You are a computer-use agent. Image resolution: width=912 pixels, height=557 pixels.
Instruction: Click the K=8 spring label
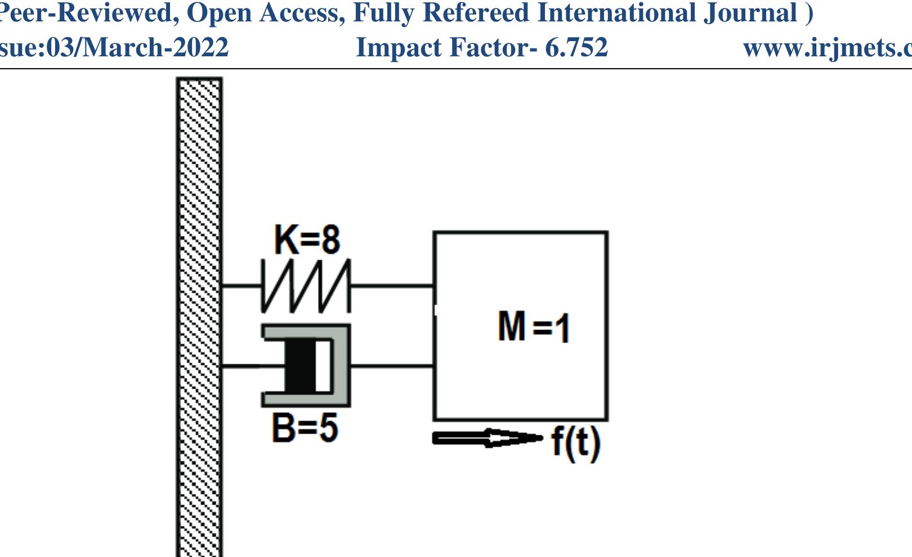307,240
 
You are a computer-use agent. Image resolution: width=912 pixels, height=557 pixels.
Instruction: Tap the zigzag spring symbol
306,286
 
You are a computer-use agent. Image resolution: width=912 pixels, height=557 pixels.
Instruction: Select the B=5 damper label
305,427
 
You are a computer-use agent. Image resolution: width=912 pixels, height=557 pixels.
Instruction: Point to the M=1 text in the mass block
533,327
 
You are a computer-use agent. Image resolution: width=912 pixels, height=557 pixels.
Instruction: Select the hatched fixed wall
199,315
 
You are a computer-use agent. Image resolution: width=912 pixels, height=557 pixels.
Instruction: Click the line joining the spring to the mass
392,286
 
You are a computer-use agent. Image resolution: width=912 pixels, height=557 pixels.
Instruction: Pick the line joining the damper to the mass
392,366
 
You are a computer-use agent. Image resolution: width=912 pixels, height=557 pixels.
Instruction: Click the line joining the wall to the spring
242,286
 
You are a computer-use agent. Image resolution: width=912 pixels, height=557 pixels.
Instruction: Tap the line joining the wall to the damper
242,366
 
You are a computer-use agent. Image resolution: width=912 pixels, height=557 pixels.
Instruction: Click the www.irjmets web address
828,47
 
